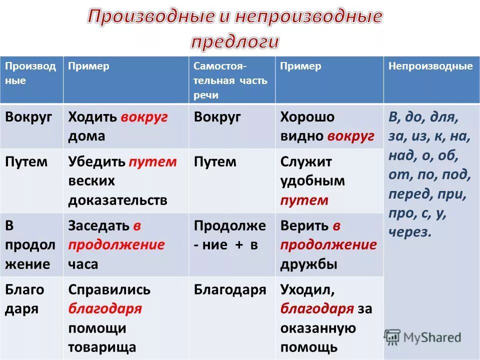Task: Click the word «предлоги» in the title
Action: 234,41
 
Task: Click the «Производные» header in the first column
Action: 30,73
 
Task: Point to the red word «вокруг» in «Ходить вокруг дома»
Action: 144,117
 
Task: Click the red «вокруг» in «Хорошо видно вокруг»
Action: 351,136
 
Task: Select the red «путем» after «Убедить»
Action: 152,162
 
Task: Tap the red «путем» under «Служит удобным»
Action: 304,200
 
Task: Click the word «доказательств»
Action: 118,200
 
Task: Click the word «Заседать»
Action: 98,226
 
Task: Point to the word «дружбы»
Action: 308,264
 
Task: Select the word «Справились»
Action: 109,289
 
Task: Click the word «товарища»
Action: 102,347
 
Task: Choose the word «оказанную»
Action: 318,328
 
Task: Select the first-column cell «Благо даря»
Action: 24,299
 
